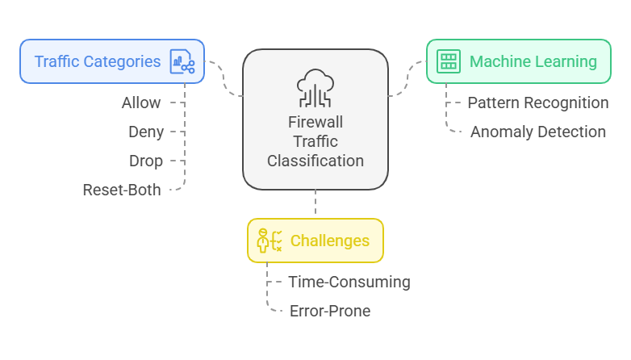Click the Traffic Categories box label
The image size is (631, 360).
click(97, 61)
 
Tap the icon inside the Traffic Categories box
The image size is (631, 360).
click(182, 62)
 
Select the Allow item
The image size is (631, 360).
click(141, 103)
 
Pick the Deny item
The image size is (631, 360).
click(146, 132)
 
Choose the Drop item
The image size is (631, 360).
click(146, 161)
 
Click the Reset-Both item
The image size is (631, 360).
click(122, 190)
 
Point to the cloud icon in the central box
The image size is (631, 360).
click(315, 87)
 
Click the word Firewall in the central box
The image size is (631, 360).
click(315, 122)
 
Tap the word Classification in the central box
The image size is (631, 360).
click(315, 161)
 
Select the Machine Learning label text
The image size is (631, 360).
click(533, 61)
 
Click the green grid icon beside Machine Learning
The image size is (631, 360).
click(448, 61)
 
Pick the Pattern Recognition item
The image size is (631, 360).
click(538, 103)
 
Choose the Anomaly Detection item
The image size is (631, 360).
click(538, 132)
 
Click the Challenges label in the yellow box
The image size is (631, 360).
click(329, 241)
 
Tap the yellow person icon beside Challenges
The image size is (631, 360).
click(269, 241)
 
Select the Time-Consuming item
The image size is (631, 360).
click(349, 282)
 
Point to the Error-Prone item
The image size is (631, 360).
click(330, 311)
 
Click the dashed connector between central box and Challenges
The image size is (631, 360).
click(315, 203)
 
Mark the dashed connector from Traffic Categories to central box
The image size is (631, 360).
click(225, 81)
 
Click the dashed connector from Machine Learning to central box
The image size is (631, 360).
click(407, 81)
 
